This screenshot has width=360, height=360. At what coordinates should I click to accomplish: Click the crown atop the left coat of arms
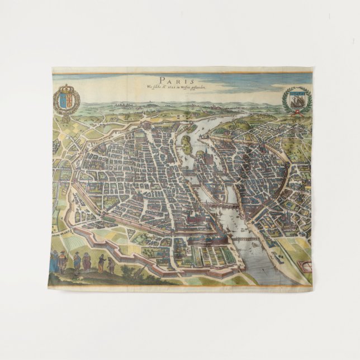click(67, 88)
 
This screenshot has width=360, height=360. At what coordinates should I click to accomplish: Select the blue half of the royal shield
click(63, 102)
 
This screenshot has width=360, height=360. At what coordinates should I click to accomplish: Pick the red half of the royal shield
click(70, 102)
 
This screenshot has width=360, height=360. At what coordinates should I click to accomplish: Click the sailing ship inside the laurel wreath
click(296, 100)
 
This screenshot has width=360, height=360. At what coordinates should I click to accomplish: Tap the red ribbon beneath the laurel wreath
click(296, 112)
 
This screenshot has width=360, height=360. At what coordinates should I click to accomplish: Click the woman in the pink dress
click(87, 262)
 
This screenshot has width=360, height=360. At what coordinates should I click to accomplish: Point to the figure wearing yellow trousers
click(101, 263)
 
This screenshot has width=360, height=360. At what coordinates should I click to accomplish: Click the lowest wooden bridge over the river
click(246, 239)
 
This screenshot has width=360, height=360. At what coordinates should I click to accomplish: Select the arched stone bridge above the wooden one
click(221, 206)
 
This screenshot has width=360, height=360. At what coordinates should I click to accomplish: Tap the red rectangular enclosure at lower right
click(304, 263)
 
